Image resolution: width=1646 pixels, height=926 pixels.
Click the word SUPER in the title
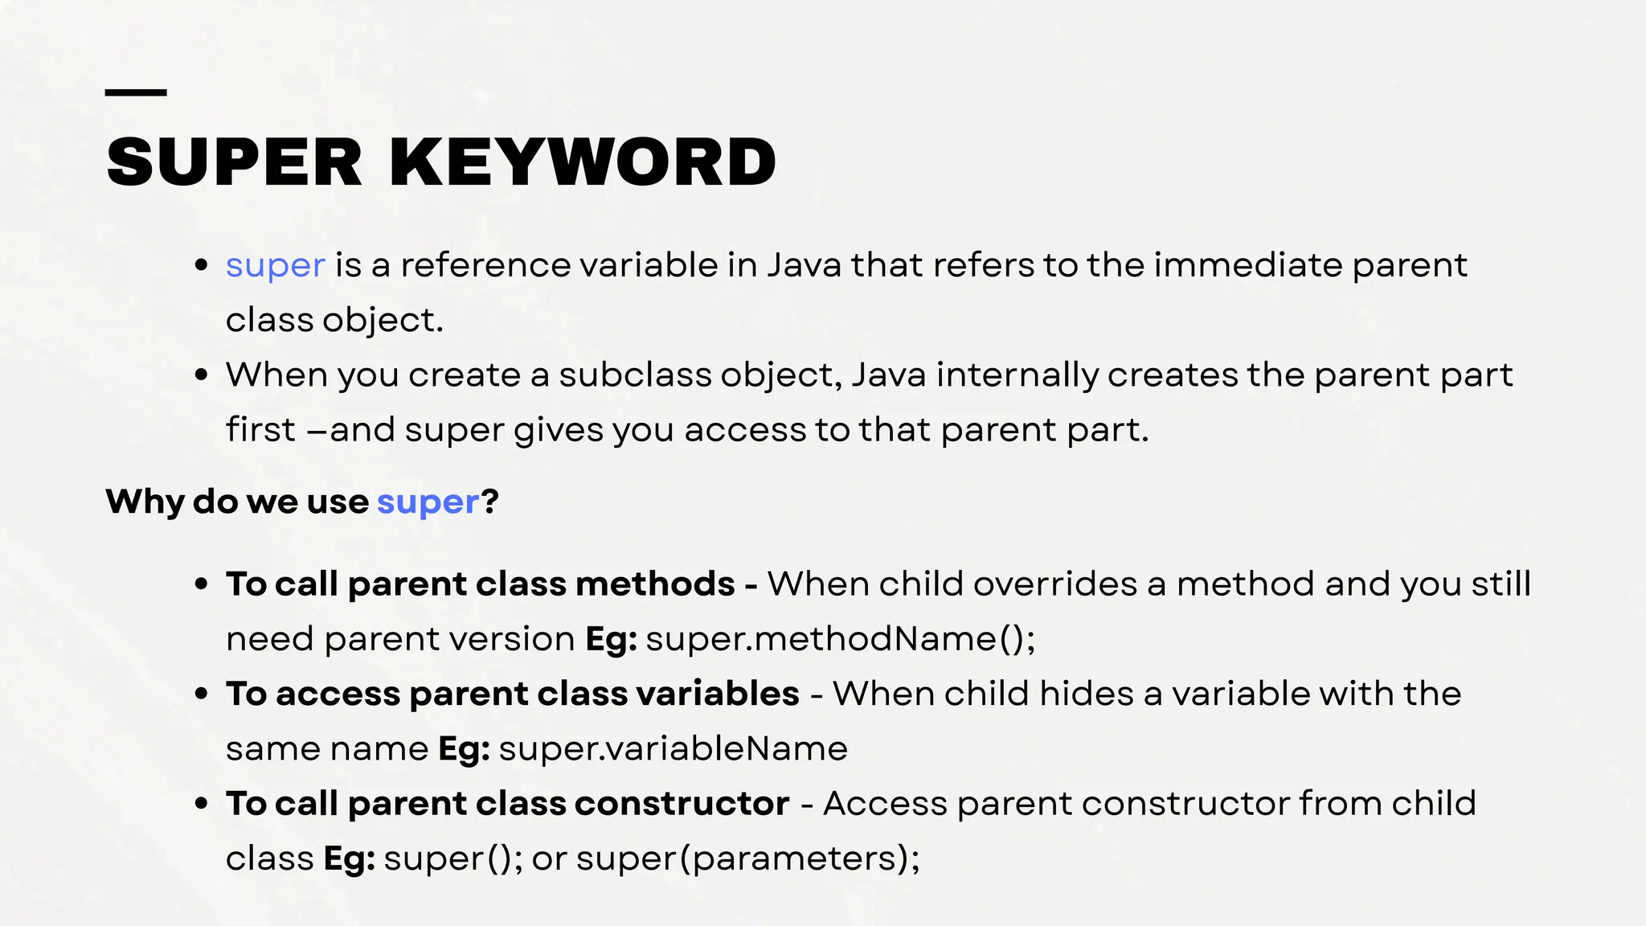234,163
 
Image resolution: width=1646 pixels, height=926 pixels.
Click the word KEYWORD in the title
583,163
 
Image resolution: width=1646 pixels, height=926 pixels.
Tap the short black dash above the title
136,93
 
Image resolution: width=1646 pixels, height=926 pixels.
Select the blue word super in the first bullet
275,265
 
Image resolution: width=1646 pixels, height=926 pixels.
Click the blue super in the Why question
428,502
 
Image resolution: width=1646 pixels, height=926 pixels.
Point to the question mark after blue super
489,502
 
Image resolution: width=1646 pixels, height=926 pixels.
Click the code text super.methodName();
840,640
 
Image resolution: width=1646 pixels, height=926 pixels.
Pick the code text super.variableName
673,749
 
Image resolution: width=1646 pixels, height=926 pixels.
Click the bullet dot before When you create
202,375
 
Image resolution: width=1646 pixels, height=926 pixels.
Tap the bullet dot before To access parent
202,694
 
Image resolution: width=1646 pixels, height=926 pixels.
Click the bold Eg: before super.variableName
464,749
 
